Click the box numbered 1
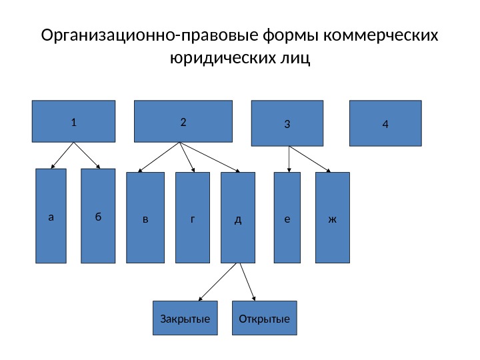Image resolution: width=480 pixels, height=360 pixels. coord(73,121)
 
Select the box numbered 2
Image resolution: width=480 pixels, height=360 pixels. coord(183,121)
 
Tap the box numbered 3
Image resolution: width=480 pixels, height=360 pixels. coord(287,123)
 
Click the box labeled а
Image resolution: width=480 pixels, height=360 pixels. coord(51,216)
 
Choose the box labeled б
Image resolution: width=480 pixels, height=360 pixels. coord(98,216)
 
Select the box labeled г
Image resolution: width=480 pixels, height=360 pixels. coord(193,218)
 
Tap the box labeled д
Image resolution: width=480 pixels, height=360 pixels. coord(238,218)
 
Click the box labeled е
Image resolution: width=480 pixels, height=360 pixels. coord(288,218)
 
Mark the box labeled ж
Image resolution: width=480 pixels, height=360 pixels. coord(332,218)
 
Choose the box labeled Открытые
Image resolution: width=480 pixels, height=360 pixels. coord(265,318)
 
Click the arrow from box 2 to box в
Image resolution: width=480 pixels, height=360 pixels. coord(159,159)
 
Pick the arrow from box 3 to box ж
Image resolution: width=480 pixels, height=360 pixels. coord(309,159)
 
